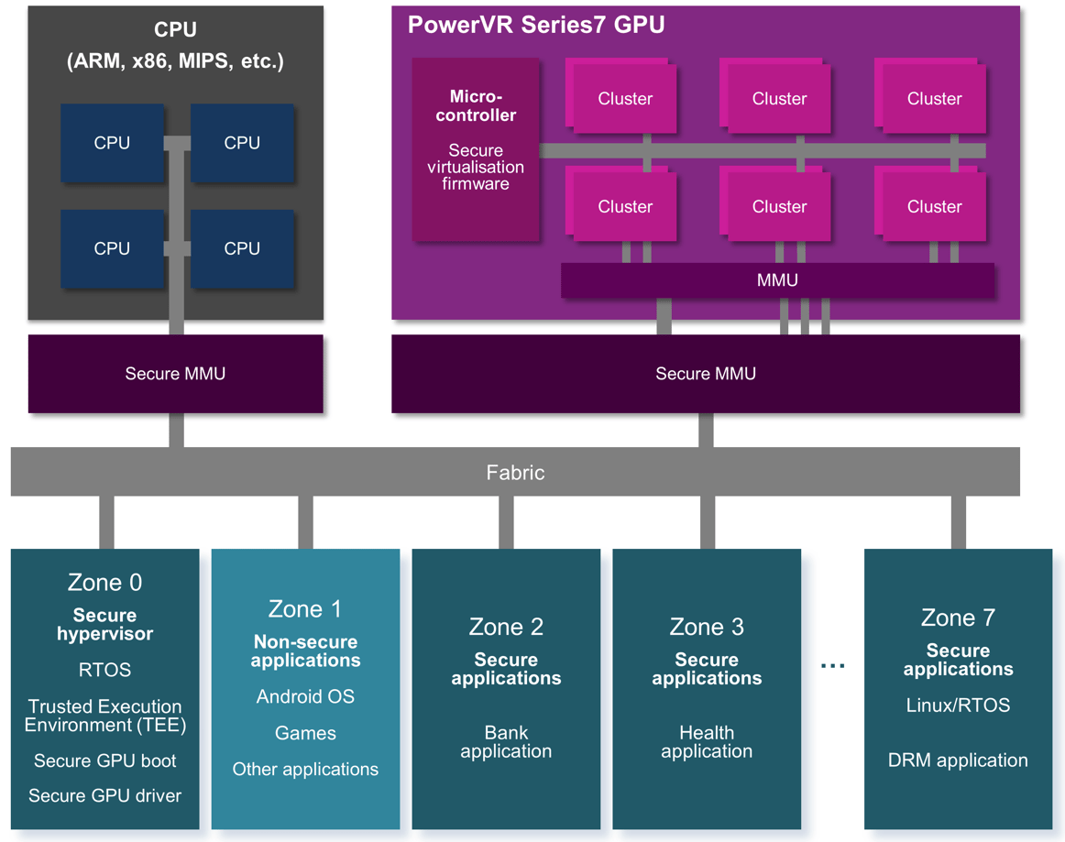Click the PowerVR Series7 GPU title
536,25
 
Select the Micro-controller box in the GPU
476,149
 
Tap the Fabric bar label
515,472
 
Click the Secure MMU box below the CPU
175,374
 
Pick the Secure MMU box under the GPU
706,374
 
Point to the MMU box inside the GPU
777,280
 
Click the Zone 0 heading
104,583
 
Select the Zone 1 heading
305,609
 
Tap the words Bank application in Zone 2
506,742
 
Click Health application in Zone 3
707,742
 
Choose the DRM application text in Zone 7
958,760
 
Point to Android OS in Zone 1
305,697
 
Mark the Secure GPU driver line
104,796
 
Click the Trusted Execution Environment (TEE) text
104,716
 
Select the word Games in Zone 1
305,733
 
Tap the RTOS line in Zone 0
104,671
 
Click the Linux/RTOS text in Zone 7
958,705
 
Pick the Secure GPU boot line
104,760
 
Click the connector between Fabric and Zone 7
958,522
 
